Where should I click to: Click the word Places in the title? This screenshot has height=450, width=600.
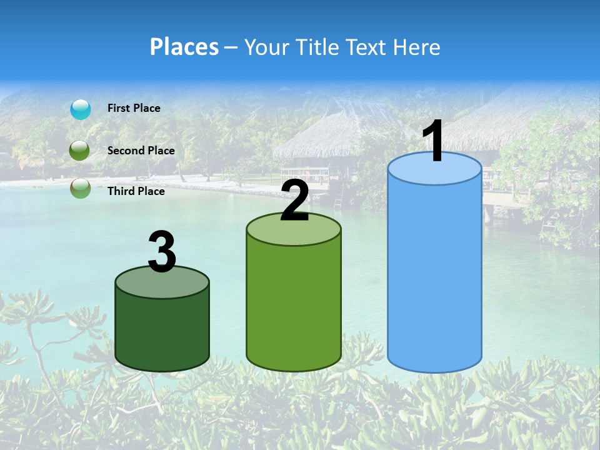pyautogui.click(x=184, y=47)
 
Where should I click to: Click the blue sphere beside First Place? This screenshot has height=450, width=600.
pyautogui.click(x=81, y=109)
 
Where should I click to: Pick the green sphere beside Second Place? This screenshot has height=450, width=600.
pyautogui.click(x=80, y=151)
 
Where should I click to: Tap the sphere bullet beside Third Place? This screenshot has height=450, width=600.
pyautogui.click(x=80, y=188)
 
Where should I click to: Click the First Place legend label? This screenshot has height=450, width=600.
pyautogui.click(x=134, y=108)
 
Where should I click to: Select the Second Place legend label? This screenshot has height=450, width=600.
pyautogui.click(x=141, y=151)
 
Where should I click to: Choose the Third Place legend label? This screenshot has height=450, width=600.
pyautogui.click(x=136, y=191)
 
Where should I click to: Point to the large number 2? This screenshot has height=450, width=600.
pyautogui.click(x=294, y=201)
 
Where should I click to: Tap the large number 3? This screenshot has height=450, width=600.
pyautogui.click(x=162, y=252)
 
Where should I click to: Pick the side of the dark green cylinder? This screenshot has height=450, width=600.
pyautogui.click(x=162, y=328)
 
